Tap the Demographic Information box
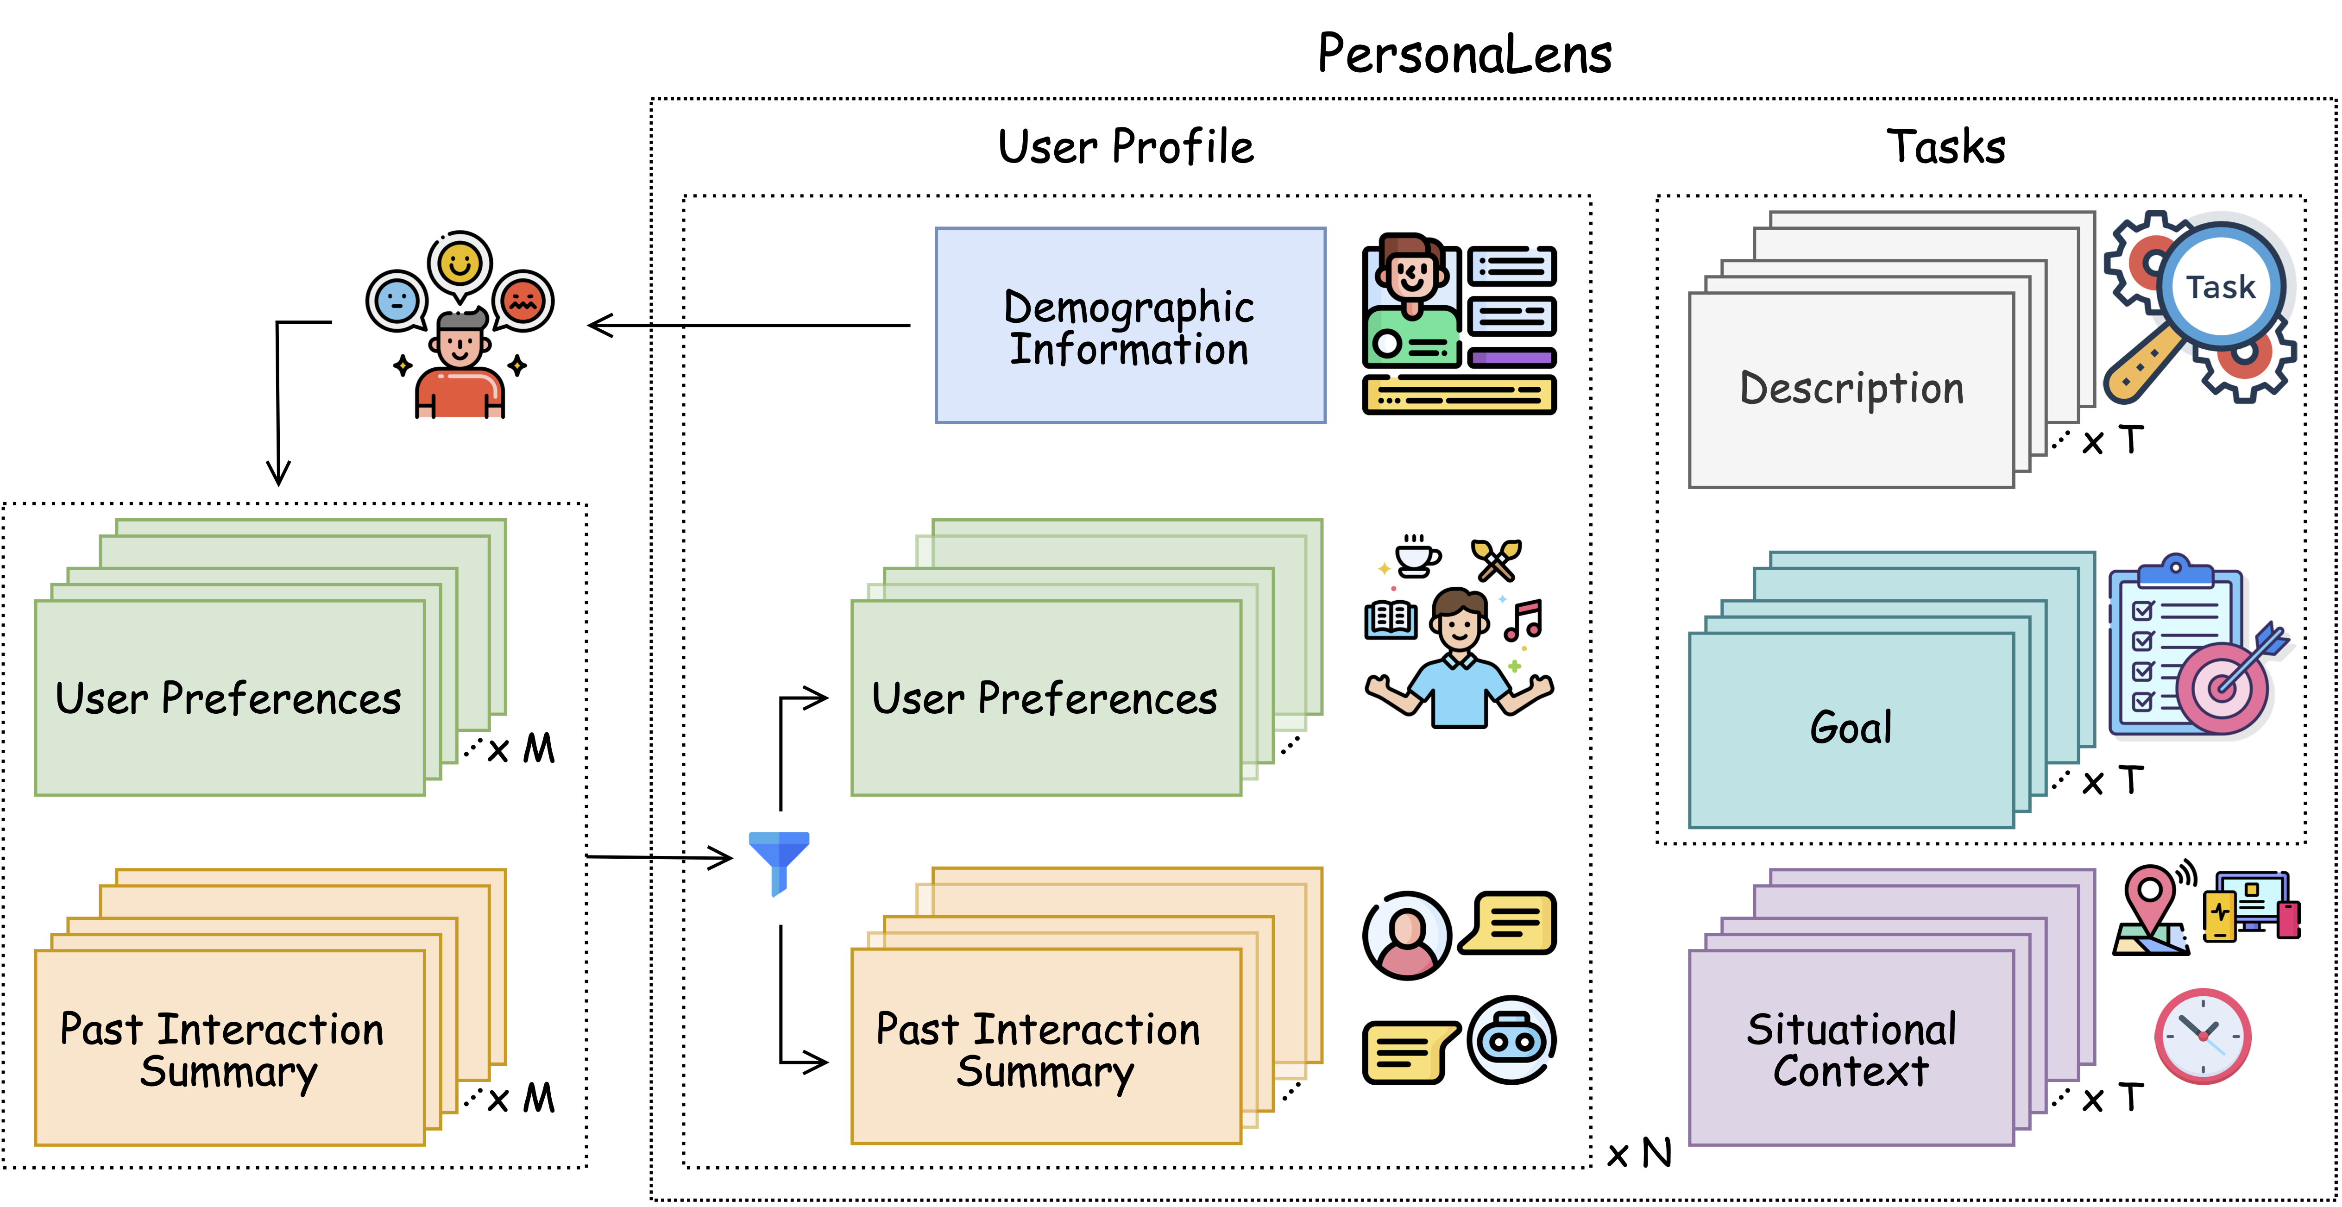click(x=1130, y=326)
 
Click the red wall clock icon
click(x=2203, y=1036)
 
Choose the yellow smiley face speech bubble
click(x=460, y=265)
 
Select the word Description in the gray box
click(x=1851, y=389)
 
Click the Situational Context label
click(x=1851, y=1050)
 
